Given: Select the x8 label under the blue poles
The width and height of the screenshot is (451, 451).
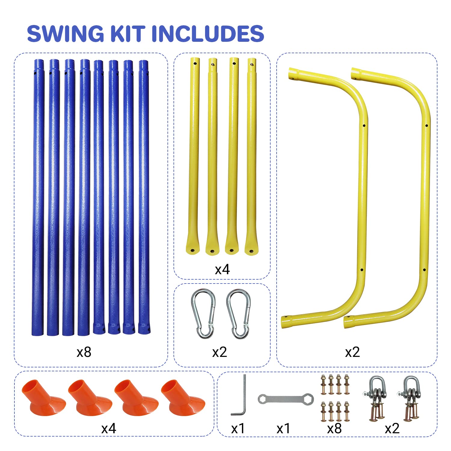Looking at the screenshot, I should (84, 352).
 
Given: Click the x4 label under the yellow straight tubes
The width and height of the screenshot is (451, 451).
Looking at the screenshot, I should (222, 269).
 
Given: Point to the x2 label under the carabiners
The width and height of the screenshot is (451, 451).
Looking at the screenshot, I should (219, 352).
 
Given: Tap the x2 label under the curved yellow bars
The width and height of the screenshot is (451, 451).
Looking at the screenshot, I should (352, 352).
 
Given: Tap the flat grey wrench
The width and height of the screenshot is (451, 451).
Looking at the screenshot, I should (286, 399).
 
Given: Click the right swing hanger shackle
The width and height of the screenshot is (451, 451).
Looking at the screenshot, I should (410, 398).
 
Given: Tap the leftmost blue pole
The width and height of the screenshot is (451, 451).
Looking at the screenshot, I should (38, 195).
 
